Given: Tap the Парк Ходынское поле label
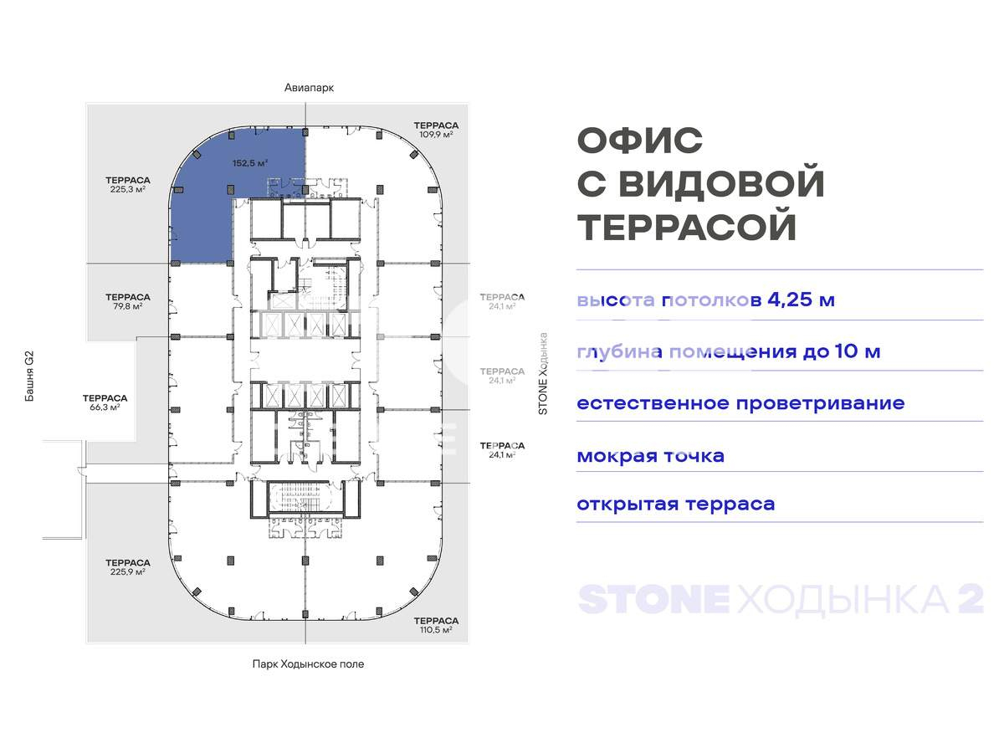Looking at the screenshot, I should coord(308,664).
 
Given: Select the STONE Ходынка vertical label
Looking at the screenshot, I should coord(542,374).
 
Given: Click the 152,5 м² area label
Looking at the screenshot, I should coord(249,164).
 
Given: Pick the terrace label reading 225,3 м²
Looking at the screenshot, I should coord(128,185).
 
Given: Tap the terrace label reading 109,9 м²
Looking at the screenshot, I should coord(436,129).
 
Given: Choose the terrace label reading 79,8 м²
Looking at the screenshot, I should coord(128,301).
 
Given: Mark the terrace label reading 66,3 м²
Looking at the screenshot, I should coord(105,402).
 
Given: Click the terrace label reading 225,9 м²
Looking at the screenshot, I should coord(128,567).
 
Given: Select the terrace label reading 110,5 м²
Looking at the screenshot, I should coord(436,625).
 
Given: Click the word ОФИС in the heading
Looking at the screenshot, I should coord(640,141).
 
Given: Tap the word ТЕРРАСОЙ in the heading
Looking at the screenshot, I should coord(687,228).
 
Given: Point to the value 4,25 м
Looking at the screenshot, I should coord(801,300).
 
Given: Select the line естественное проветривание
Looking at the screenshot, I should coord(740,403).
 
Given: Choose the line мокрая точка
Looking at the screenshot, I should coord(650,456).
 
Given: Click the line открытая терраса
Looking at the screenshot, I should coord(675,505).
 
